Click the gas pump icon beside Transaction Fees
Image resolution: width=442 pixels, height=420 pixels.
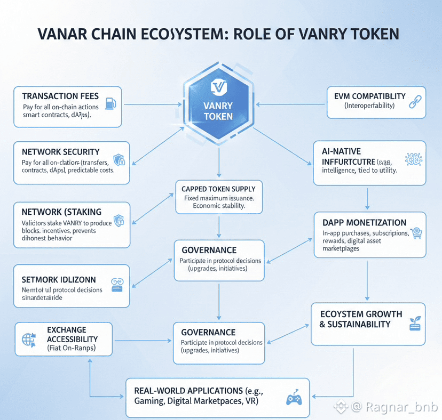pos(111,102)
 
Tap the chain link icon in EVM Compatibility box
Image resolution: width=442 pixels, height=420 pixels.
pos(415,102)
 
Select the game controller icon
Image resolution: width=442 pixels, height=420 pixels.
pos(294,398)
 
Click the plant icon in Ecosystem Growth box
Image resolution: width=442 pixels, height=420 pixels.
pos(413,322)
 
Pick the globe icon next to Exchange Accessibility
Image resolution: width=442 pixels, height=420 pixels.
pos(28,339)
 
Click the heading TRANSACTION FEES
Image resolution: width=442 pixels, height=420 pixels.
pos(60,96)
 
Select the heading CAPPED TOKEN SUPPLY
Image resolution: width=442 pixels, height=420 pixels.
pos(219,189)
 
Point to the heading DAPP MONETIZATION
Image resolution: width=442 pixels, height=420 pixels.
pos(365,222)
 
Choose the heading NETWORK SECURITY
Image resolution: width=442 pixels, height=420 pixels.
pos(61,152)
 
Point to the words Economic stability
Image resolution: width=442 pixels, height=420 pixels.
pos(219,206)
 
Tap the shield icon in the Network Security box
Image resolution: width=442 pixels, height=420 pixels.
pos(119,159)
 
